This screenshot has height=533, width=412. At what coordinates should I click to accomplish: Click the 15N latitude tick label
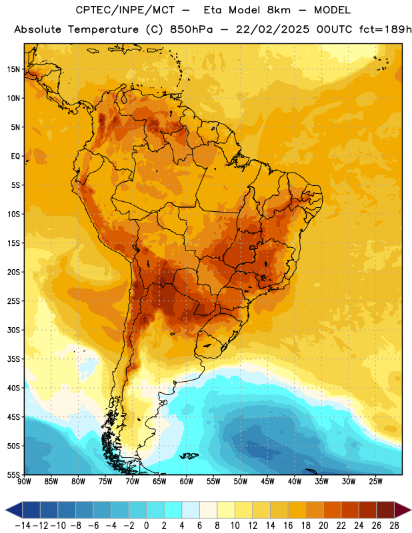[x=13, y=69]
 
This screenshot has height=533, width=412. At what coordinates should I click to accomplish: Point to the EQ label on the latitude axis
[x=15, y=157]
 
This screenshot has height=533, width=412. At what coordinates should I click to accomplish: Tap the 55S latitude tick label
[x=13, y=474]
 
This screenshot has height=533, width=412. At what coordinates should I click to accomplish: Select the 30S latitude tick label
[x=13, y=330]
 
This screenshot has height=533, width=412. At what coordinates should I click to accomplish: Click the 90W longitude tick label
[x=25, y=482]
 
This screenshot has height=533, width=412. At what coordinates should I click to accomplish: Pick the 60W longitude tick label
[x=187, y=482]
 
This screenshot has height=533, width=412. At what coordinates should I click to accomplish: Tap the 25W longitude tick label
[x=375, y=482]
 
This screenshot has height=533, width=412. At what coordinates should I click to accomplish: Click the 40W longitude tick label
[x=295, y=482]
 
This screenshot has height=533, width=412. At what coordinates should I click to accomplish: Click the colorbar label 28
[x=394, y=526]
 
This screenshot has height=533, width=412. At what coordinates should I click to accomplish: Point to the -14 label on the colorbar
[x=23, y=526]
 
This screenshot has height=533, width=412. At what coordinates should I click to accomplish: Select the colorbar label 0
[x=146, y=526]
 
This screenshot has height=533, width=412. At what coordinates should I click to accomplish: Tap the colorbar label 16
[x=288, y=526]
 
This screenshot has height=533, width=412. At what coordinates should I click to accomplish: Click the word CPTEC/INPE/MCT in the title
[x=125, y=10]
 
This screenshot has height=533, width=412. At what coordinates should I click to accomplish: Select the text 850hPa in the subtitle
[x=191, y=29]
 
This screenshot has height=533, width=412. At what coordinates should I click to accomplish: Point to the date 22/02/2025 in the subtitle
[x=273, y=29]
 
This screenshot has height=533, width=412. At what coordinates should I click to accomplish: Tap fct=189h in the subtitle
[x=385, y=29]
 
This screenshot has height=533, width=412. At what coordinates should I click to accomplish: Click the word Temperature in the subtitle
[x=103, y=29]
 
